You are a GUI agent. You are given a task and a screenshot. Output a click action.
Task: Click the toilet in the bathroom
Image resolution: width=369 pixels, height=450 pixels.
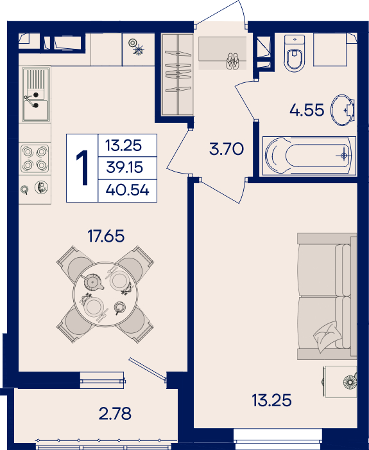click(x=294, y=53)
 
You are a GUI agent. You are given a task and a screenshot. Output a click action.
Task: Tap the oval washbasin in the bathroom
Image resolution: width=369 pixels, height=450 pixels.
click(x=343, y=110)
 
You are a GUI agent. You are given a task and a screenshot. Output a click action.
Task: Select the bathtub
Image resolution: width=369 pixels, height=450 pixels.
click(x=309, y=156)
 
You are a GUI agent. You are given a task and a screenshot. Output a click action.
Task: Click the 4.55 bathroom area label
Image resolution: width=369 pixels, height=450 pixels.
click(x=307, y=110)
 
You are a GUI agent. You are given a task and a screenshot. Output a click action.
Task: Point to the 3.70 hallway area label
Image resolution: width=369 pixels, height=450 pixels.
click(x=227, y=149)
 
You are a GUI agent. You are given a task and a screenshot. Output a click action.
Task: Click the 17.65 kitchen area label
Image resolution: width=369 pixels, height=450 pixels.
click(x=106, y=236)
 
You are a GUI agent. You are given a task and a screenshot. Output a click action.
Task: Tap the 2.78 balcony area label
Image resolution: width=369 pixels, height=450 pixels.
click(x=115, y=413)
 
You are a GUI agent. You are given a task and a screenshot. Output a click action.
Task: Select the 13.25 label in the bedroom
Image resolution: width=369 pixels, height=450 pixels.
click(x=271, y=400)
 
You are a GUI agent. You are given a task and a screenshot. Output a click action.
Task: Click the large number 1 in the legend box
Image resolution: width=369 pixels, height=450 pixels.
click(x=83, y=168)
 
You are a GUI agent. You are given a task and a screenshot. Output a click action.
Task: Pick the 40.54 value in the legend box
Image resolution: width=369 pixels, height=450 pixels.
click(x=128, y=190)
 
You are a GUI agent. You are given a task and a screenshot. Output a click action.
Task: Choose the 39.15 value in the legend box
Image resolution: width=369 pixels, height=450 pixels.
click(x=124, y=167)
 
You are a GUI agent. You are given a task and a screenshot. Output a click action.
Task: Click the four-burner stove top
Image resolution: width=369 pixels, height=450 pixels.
click(x=35, y=158)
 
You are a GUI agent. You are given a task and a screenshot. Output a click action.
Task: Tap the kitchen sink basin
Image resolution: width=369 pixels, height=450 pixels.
click(x=35, y=110)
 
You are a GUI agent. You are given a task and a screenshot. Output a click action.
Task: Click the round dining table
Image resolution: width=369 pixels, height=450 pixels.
click(x=105, y=294)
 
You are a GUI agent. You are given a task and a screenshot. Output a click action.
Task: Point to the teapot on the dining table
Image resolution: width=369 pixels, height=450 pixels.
click(x=92, y=282)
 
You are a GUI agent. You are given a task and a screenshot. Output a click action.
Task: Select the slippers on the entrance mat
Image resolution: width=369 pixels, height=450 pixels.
click(x=232, y=61)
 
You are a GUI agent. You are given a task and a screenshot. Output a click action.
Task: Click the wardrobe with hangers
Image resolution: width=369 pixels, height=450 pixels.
click(x=177, y=75)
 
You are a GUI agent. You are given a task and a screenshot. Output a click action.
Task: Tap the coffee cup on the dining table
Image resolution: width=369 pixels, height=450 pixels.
click(x=119, y=308)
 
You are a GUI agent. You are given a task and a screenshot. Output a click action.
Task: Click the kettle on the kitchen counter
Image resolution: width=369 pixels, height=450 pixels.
click(x=42, y=188)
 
